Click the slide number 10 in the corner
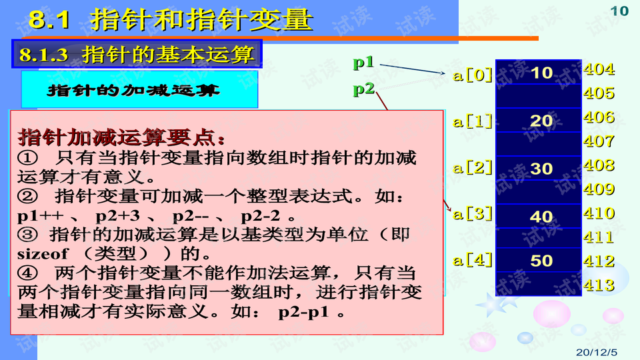pos(619,11)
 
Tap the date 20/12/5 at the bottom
pos(596,352)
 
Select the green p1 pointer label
pos(363,62)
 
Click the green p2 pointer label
pos(364,89)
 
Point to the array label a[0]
pos(473,75)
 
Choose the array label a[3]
pos(473,213)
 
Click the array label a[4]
pos(473,260)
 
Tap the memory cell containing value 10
pos(539,72)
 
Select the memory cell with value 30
pos(539,168)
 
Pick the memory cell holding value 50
pos(539,260)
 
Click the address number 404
pos(599,69)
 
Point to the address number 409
pos(599,189)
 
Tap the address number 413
pos(599,285)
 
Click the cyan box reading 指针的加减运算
pos(139,89)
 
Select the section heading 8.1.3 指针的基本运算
pos(137,54)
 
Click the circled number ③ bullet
pos(27,234)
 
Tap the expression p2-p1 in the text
pos(303,312)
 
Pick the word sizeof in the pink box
pos(43,254)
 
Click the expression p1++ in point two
pos(40,216)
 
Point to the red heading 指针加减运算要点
pos(121,137)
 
